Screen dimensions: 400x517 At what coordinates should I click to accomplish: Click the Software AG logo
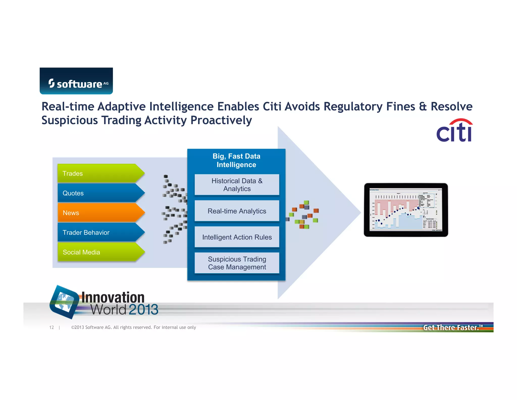pyautogui.click(x=76, y=81)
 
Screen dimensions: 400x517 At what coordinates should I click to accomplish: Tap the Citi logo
pyautogui.click(x=454, y=130)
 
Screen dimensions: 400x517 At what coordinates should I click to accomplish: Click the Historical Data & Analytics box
pyautogui.click(x=237, y=185)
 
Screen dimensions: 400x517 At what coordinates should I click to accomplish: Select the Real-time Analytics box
pyautogui.click(x=237, y=211)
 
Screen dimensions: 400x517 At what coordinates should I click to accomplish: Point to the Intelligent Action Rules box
pyautogui.click(x=237, y=237)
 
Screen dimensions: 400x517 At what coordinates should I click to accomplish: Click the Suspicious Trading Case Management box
pyautogui.click(x=237, y=263)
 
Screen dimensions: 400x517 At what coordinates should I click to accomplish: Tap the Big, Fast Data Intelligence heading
pyautogui.click(x=236, y=160)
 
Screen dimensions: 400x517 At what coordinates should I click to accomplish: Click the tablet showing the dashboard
pyautogui.click(x=406, y=210)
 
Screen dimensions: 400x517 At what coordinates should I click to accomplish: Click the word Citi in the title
pyautogui.click(x=272, y=107)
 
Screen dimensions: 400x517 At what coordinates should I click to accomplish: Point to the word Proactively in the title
pyautogui.click(x=221, y=120)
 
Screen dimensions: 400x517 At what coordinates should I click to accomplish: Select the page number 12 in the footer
pyautogui.click(x=51, y=327)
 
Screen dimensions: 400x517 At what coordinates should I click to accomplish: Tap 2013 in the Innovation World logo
pyautogui.click(x=143, y=310)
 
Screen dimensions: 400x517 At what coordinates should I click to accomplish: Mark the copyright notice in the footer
pyautogui.click(x=134, y=327)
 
